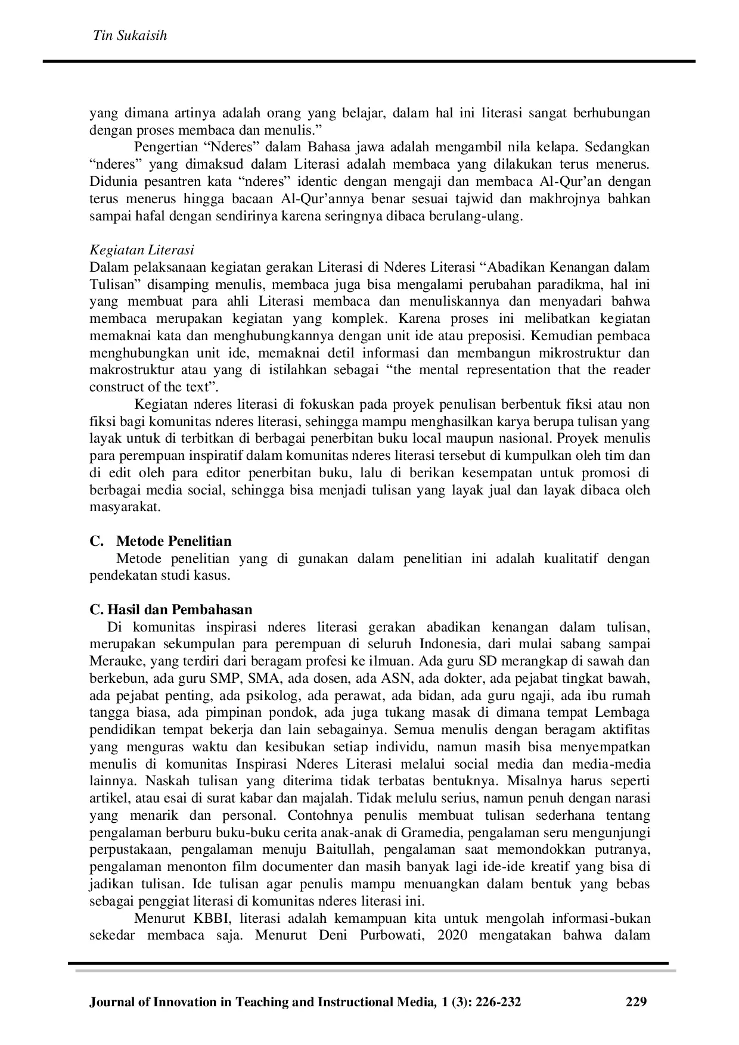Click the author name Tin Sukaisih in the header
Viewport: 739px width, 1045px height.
[x=129, y=36]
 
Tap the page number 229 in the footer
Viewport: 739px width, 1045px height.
[x=636, y=1002]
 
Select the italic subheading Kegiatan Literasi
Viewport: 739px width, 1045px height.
[x=142, y=250]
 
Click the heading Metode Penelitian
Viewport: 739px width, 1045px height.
[x=173, y=541]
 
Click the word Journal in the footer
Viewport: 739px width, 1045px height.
[x=113, y=1002]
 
